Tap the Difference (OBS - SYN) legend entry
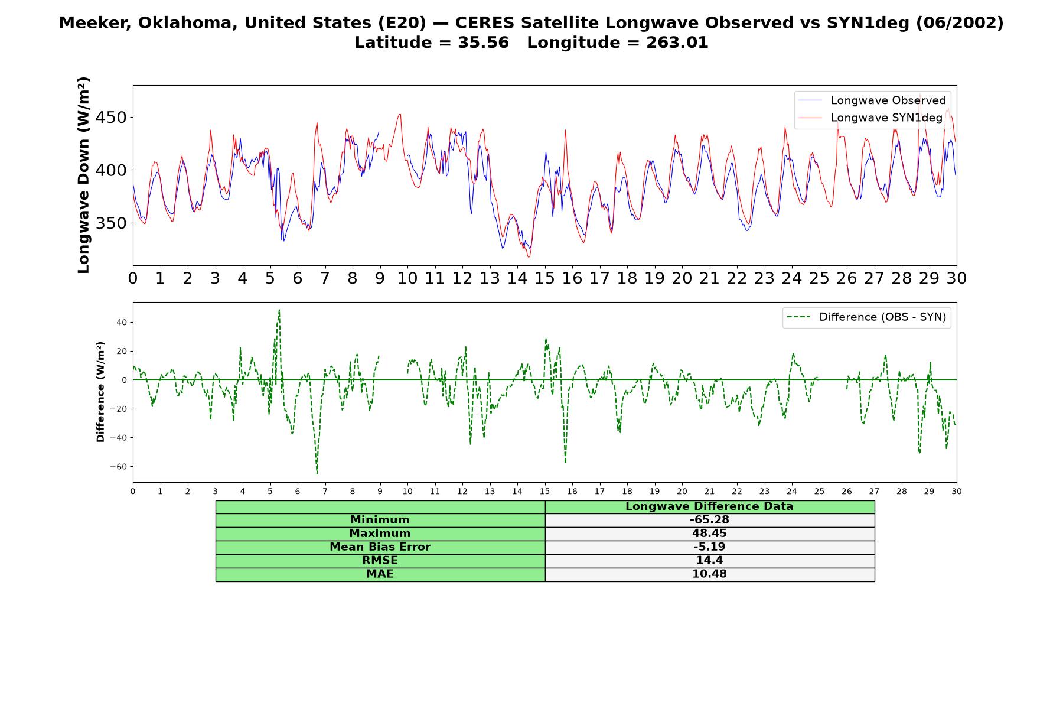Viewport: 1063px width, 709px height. pyautogui.click(x=867, y=317)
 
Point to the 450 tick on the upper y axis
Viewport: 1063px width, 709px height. pyautogui.click(x=111, y=118)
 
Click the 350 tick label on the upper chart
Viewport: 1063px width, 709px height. pyautogui.click(x=111, y=223)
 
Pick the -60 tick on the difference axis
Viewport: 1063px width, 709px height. pyautogui.click(x=118, y=467)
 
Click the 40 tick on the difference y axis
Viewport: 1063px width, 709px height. pyautogui.click(x=122, y=323)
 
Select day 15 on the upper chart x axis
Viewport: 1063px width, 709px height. pyautogui.click(x=544, y=278)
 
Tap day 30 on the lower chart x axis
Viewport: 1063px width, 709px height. pyautogui.click(x=957, y=491)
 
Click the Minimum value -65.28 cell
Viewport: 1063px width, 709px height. pyautogui.click(x=709, y=520)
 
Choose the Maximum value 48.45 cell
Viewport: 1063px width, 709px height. pyautogui.click(x=709, y=534)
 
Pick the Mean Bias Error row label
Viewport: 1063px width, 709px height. pyautogui.click(x=380, y=547)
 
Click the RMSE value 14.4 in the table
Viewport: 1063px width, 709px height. pyautogui.click(x=709, y=561)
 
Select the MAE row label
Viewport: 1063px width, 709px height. pyautogui.click(x=380, y=574)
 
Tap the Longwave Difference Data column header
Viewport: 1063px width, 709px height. pyautogui.click(x=709, y=506)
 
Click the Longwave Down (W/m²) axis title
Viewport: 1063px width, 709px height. pyautogui.click(x=83, y=175)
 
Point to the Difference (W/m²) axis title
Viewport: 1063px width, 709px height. pyautogui.click(x=100, y=392)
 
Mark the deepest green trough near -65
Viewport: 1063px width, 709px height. pyautogui.click(x=317, y=473)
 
